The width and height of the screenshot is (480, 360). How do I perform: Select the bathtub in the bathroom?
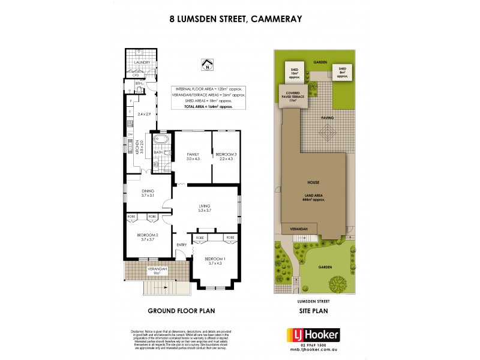pyautogui.click(x=161, y=143)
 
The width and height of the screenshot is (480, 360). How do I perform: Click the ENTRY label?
pyautogui.click(x=181, y=244)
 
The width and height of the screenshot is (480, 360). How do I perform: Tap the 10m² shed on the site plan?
pyautogui.click(x=293, y=74)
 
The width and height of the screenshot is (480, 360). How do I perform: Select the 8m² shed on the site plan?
pyautogui.click(x=343, y=73)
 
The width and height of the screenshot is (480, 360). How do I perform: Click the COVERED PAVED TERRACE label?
pyautogui.click(x=293, y=95)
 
